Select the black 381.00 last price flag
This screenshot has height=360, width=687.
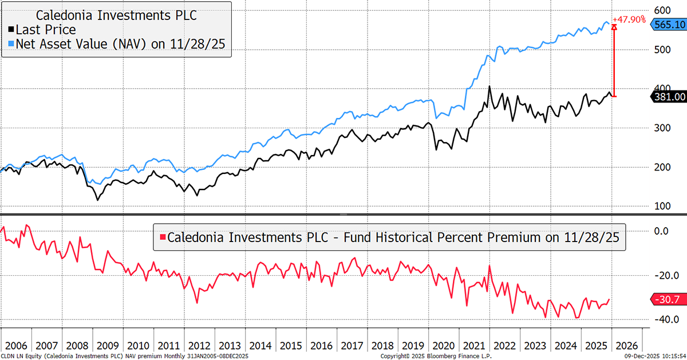(x=668, y=97)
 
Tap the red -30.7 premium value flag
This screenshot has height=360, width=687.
(x=667, y=299)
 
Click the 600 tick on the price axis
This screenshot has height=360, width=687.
(x=661, y=10)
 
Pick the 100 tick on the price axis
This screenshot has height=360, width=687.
(x=661, y=205)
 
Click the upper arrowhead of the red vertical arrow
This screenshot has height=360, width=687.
(x=614, y=27)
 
